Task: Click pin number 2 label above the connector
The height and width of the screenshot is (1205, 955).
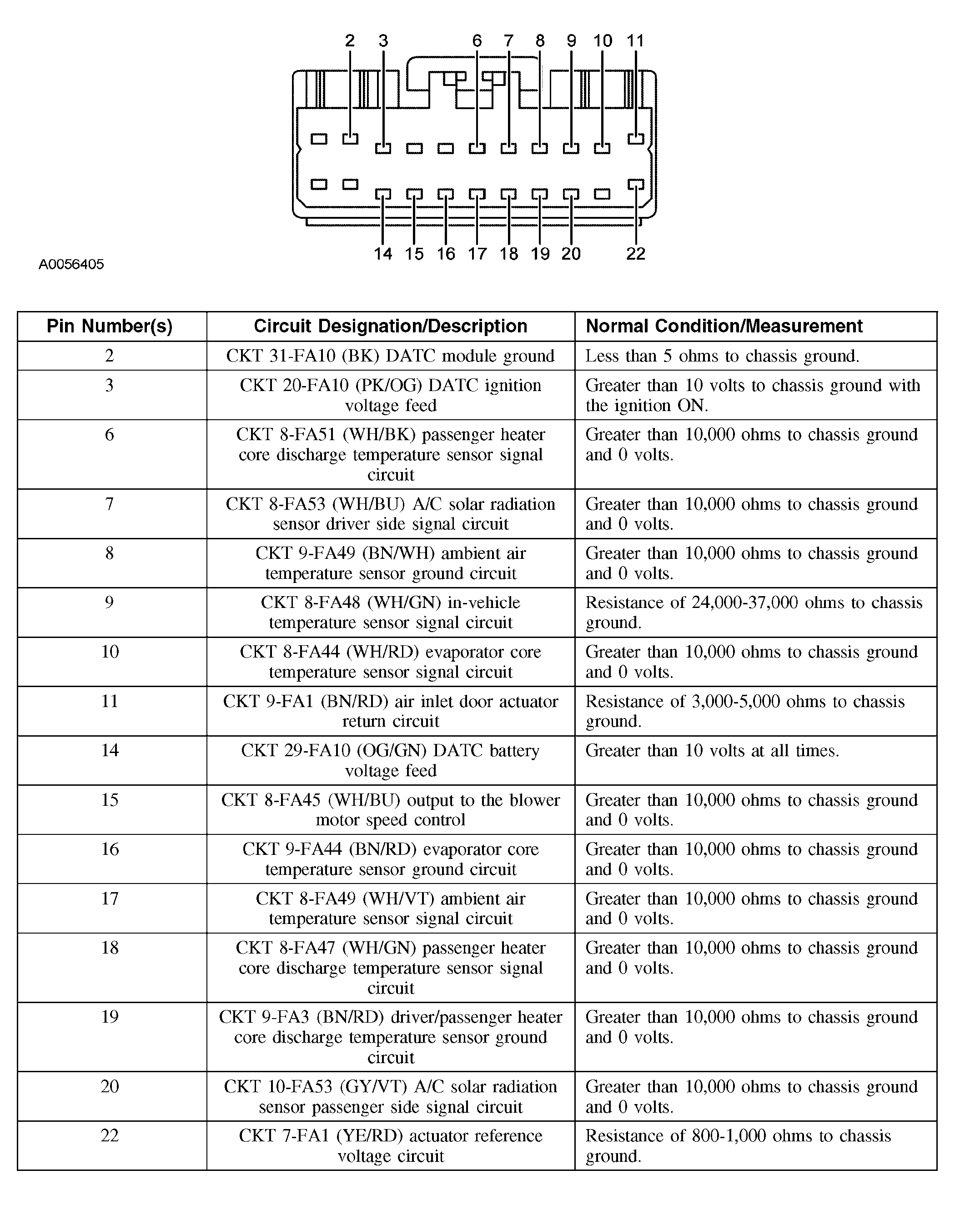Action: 349,41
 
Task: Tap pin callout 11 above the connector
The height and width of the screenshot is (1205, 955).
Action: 635,41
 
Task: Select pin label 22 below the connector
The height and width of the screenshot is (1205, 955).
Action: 635,254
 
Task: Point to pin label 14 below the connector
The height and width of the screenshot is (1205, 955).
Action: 383,254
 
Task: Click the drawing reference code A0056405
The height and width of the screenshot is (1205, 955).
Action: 71,264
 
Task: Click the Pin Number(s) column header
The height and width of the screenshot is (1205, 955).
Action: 110,326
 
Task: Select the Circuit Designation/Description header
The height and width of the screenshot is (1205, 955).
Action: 390,326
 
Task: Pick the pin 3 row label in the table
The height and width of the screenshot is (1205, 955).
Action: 110,385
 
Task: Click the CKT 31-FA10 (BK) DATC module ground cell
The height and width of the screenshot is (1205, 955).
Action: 390,356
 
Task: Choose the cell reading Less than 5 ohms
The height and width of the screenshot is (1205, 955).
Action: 722,356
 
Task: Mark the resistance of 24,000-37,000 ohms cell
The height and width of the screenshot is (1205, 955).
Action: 753,612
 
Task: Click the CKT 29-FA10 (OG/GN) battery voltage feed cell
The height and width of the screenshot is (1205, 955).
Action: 390,760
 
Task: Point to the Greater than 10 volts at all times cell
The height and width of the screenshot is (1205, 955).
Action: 712,751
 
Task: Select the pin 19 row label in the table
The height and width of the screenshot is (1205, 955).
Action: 110,1017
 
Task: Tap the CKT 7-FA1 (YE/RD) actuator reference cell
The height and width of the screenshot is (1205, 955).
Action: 390,1146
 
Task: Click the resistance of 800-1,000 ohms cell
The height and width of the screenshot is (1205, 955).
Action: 738,1146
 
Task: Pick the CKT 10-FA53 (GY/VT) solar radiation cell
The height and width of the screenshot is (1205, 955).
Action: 390,1097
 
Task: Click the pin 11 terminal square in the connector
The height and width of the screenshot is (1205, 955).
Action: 635,139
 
